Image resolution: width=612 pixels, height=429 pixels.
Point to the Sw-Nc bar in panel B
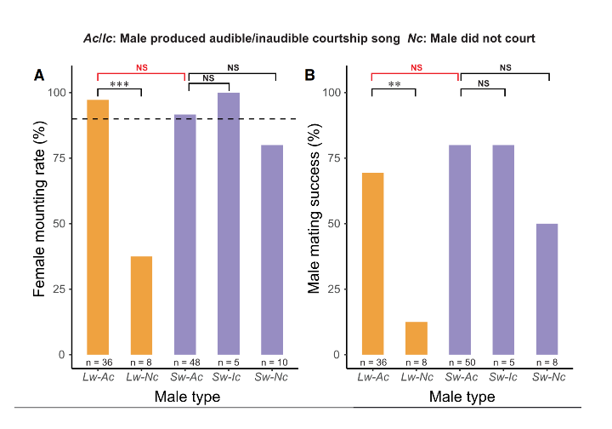coord(547,289)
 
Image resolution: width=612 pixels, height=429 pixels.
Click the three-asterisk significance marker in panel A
coord(119,85)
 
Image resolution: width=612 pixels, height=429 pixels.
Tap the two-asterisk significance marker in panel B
coord(394,85)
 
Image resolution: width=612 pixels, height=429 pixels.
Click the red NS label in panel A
coord(141,67)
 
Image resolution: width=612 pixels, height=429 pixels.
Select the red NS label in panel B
coord(416,67)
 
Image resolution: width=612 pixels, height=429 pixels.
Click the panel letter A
coord(39,76)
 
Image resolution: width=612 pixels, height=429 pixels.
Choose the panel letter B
coord(310,76)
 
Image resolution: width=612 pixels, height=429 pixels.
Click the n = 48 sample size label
coord(184,362)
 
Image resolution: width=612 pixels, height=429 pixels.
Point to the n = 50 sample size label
coord(460,362)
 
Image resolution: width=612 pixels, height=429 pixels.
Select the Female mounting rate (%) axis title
coord(40,224)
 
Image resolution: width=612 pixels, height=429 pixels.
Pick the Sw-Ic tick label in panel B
coord(503,376)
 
